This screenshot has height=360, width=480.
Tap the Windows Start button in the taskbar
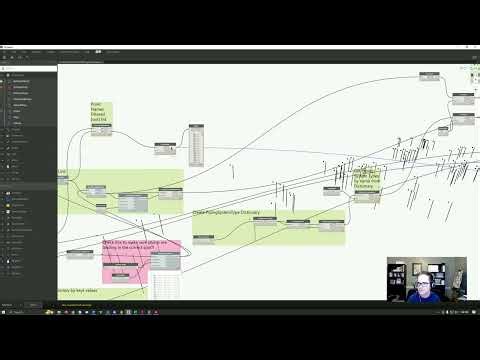(4, 313)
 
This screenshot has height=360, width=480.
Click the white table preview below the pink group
(168, 284)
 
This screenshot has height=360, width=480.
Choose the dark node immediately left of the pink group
(81, 254)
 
